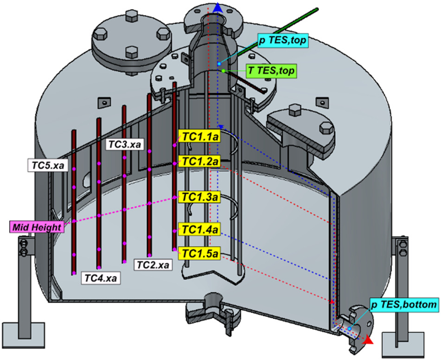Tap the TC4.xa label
pyautogui.click(x=101, y=278)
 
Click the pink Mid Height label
pyautogui.click(x=37, y=227)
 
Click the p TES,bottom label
pyautogui.click(x=403, y=304)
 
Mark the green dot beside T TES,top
pyautogui.click(x=223, y=71)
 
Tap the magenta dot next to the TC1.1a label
pyautogui.click(x=174, y=145)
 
